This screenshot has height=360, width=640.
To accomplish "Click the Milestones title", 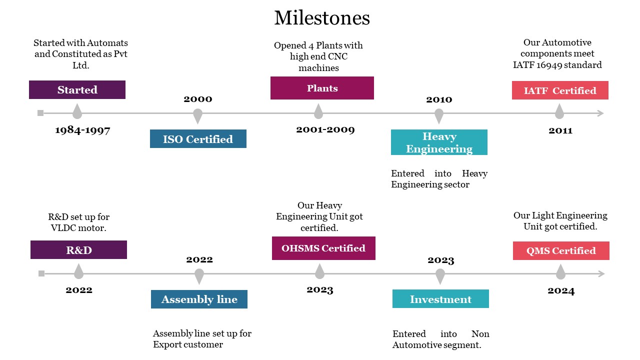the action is tap(322, 17).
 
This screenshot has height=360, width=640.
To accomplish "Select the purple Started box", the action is tap(77, 89).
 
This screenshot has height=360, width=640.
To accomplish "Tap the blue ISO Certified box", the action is tap(198, 139).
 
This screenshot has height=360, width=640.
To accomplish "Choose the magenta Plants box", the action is tap(322, 88).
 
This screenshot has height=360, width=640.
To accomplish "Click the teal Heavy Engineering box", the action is tap(439, 142).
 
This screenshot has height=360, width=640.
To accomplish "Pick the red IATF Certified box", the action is tap(560, 90).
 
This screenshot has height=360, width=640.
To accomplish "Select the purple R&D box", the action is tap(78, 249).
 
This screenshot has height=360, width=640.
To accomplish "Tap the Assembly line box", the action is tap(199, 299).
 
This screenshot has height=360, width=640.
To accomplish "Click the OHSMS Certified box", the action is tap(323, 248).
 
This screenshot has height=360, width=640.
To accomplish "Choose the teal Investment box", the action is tap(440, 299).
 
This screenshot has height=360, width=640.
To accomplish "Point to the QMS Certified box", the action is tap(561, 250).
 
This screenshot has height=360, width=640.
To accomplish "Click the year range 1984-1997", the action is tap(82, 130).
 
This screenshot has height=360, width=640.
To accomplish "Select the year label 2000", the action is tap(197, 99).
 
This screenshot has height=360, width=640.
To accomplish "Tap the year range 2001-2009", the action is tap(325, 129).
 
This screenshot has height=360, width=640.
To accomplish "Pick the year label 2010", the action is tap(439, 99).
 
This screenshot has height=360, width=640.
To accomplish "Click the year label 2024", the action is tap(561, 291).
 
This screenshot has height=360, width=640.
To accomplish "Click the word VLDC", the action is tap(63, 228).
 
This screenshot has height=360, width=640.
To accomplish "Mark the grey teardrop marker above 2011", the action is tap(559, 111).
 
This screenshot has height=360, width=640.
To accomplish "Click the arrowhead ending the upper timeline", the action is tap(600, 113).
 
